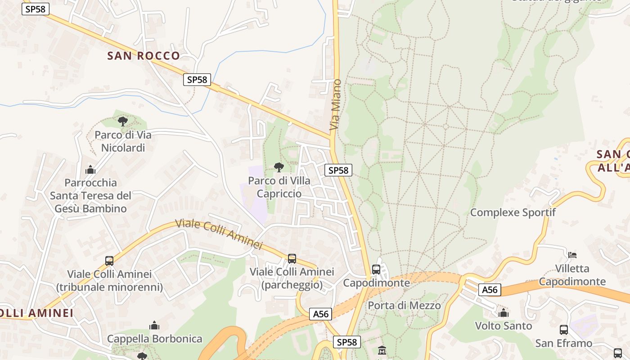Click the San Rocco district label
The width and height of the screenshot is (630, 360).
click(x=144, y=56)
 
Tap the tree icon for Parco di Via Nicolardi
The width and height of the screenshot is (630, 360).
click(x=122, y=121)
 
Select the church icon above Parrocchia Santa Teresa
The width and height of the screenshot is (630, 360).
click(x=90, y=170)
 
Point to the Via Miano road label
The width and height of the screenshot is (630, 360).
click(x=335, y=105)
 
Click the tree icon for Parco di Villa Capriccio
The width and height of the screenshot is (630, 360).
click(x=279, y=167)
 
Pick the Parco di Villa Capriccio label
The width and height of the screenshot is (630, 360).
click(x=279, y=187)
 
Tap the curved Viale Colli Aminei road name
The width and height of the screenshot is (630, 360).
click(x=218, y=234)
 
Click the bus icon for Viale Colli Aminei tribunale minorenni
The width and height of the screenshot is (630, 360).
click(x=109, y=261)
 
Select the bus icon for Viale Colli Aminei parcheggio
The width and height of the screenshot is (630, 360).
click(x=292, y=258)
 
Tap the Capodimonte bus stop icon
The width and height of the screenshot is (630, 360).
click(x=376, y=270)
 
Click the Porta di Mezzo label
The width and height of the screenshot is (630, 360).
click(x=404, y=306)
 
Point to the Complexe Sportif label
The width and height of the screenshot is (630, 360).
click(x=513, y=212)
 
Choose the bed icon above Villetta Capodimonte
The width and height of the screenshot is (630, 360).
click(x=572, y=255)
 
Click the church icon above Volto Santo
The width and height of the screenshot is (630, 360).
click(x=504, y=312)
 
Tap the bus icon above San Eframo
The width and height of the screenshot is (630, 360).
click(x=564, y=329)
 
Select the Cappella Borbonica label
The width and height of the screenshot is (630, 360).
click(x=154, y=339)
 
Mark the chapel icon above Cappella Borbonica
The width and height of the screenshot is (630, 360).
click(x=154, y=325)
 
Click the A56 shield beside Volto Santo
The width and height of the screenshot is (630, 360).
click(x=490, y=289)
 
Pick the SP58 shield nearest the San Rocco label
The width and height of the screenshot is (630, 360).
click(x=197, y=80)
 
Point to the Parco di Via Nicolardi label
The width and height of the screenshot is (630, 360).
click(x=123, y=141)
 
